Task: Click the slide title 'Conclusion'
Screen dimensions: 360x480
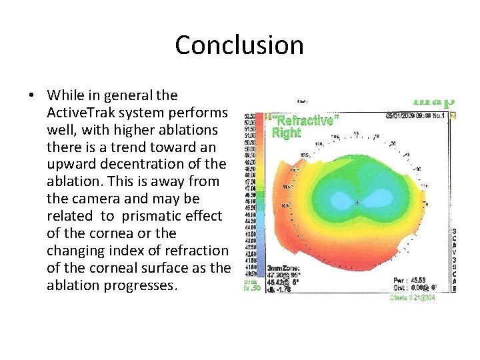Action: point(239,45)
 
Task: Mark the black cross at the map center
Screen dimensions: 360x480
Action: point(357,201)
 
